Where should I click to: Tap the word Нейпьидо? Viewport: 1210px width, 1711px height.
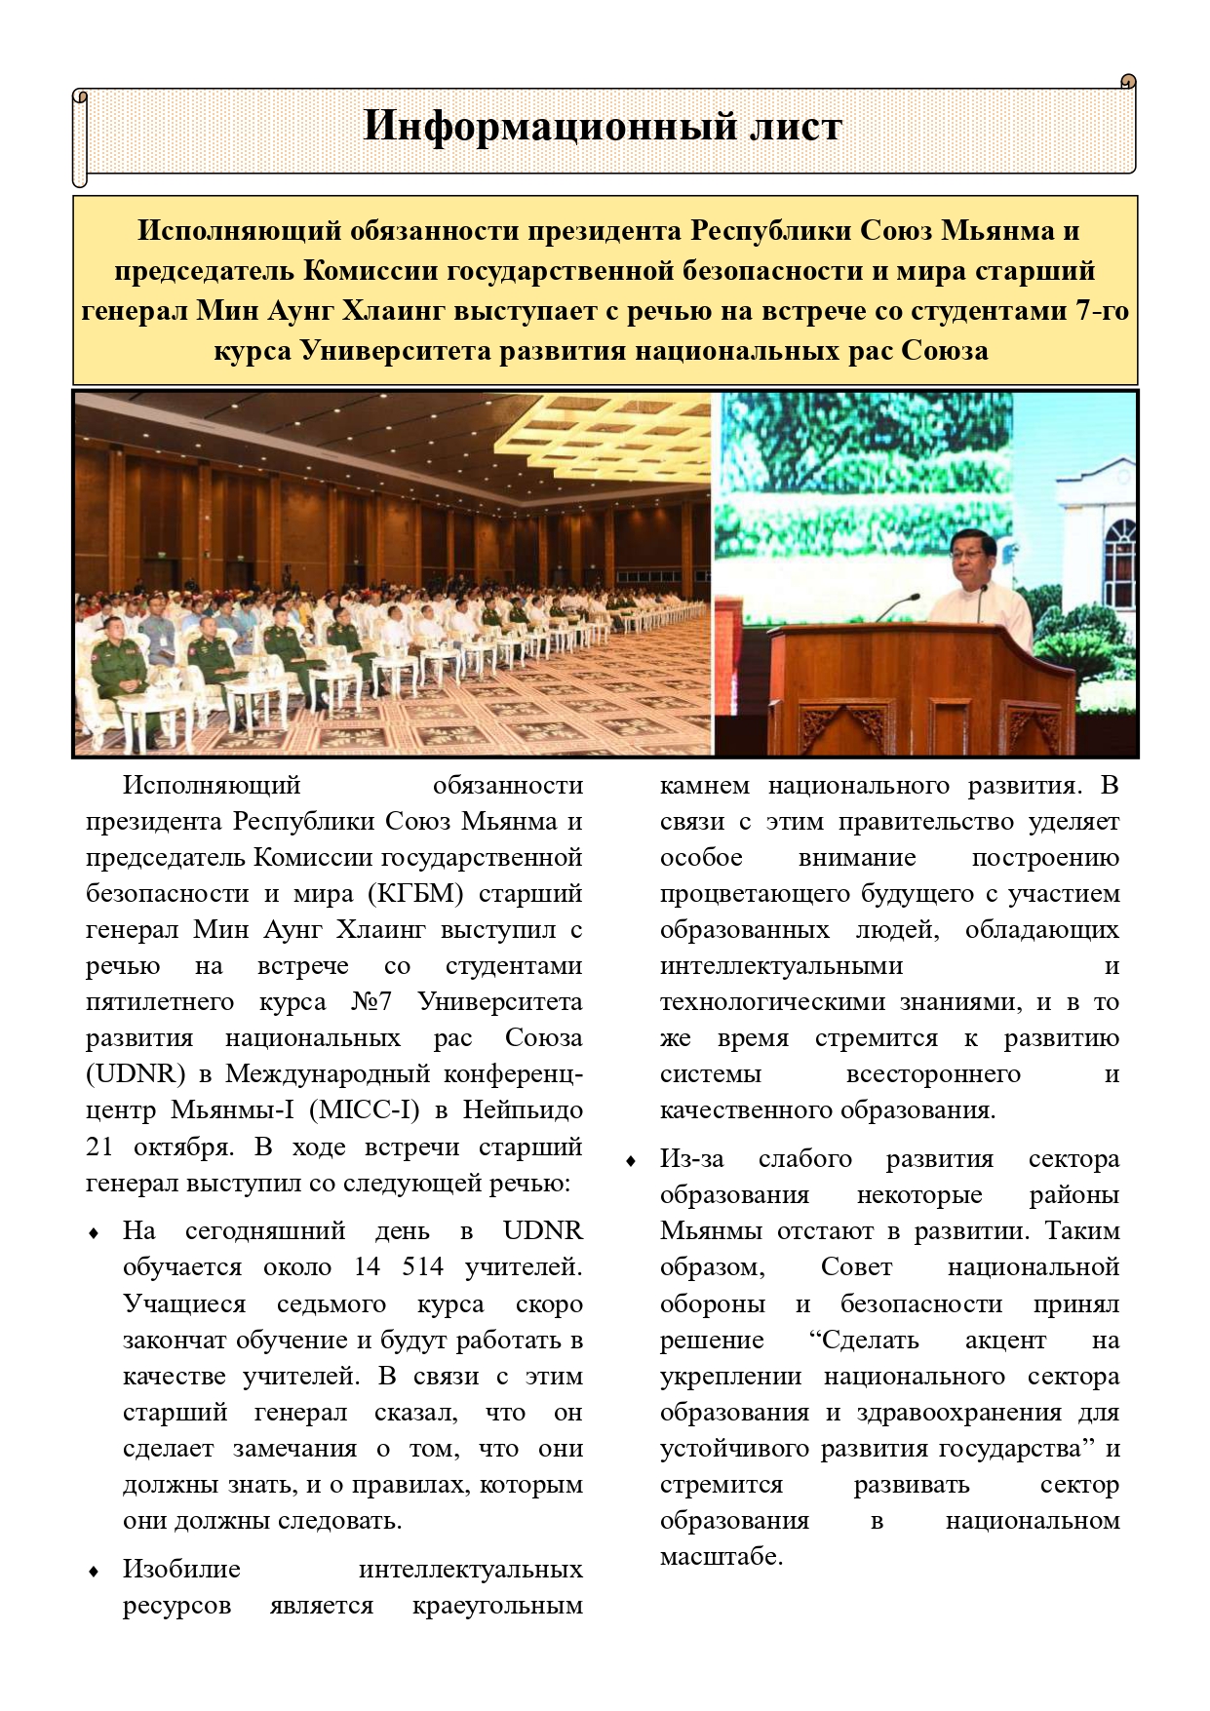(523, 1110)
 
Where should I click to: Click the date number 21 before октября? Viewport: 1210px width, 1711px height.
(99, 1147)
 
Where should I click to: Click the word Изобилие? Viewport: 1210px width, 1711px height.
(181, 1569)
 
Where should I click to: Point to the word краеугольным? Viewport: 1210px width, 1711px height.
(497, 1605)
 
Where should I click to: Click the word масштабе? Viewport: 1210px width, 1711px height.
(722, 1557)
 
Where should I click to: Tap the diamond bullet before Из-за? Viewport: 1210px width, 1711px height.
(632, 1160)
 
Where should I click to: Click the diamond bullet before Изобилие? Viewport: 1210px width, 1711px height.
(95, 1571)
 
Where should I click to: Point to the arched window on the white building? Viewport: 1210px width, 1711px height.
(1119, 557)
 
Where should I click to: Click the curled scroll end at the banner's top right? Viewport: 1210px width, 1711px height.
(1128, 82)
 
